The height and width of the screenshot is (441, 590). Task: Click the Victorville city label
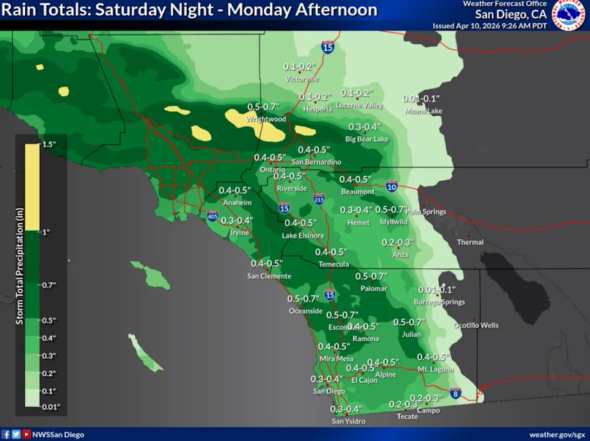[x=302, y=79]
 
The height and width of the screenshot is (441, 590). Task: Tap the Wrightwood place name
[x=266, y=119]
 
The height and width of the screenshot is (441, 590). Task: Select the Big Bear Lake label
[x=367, y=140]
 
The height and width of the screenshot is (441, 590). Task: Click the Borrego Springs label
[x=439, y=303]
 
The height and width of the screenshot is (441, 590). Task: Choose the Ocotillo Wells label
[x=476, y=325]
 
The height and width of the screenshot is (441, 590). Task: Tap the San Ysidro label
[x=348, y=421]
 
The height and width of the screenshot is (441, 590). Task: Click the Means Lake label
[x=423, y=111]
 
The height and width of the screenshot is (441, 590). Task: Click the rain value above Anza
[x=398, y=242]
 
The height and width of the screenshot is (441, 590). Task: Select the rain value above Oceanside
[x=304, y=299]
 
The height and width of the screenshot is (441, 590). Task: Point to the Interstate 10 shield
[x=391, y=186]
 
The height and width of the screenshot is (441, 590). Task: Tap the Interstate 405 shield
[x=212, y=216]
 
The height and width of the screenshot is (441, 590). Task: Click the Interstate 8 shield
[x=455, y=392]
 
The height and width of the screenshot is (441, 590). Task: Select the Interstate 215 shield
[x=318, y=199]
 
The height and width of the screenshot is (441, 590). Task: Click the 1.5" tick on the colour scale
[x=49, y=144]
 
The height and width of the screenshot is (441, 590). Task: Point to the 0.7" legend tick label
[x=49, y=285]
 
